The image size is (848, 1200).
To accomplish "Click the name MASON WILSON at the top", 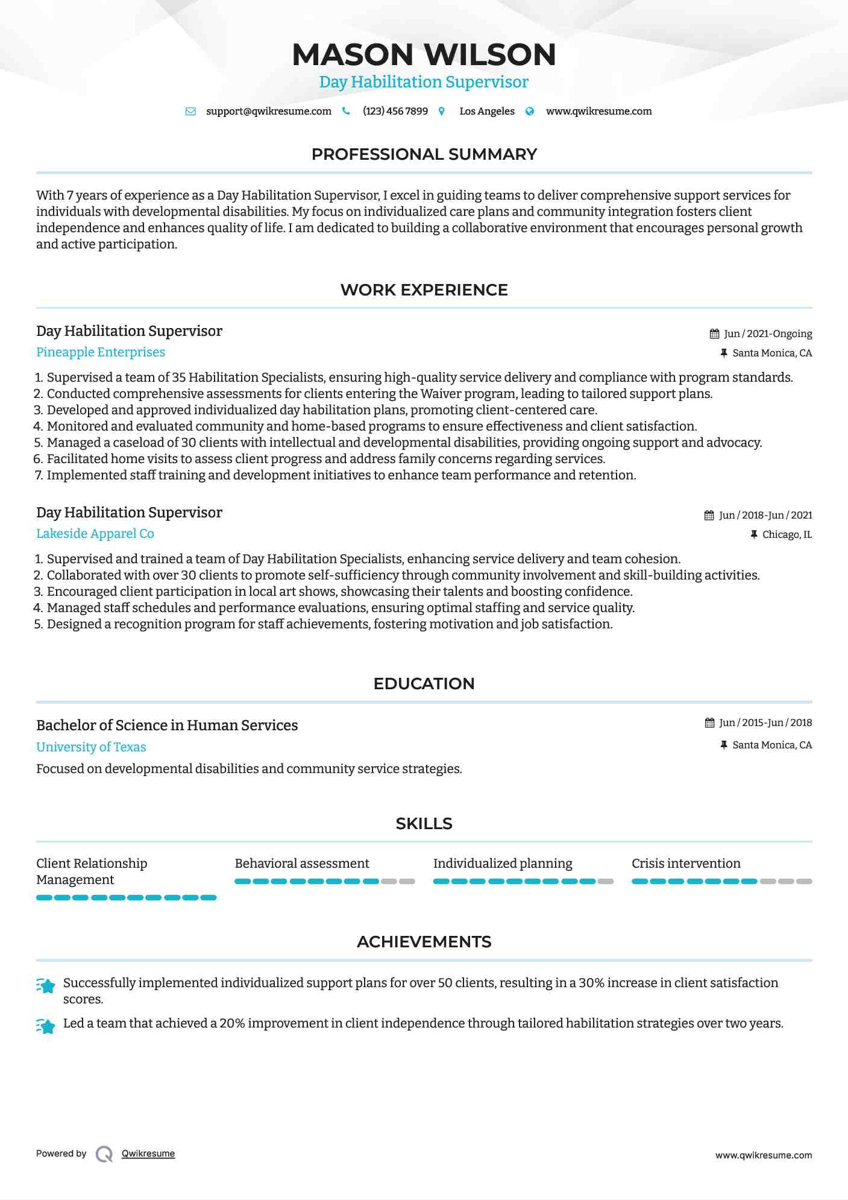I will [424, 54].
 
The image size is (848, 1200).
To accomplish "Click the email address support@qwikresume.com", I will [268, 112].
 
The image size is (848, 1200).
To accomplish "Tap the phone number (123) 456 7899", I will [395, 112].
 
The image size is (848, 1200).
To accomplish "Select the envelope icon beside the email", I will [190, 112].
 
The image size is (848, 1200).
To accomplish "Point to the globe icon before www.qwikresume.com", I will [530, 112].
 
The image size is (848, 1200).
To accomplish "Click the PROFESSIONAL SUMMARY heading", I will [424, 154].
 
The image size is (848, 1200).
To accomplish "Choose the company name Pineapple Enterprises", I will [101, 352].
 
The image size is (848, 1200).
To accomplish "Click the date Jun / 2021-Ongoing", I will [767, 334].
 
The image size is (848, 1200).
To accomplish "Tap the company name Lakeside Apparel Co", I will [95, 534].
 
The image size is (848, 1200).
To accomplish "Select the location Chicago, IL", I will [787, 535].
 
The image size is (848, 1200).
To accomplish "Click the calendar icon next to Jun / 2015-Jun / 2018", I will [709, 723].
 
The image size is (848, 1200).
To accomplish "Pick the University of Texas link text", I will [91, 747].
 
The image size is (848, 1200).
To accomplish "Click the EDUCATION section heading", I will [424, 684].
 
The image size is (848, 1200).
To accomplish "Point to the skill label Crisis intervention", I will [686, 864].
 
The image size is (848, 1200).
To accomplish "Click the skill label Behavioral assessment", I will [301, 864].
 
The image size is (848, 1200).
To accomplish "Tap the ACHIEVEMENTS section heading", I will [424, 942].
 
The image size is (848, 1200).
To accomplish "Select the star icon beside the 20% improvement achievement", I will [46, 1026].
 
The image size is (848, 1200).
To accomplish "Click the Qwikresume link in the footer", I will [148, 1154].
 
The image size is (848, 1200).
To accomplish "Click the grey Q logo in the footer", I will [104, 1154].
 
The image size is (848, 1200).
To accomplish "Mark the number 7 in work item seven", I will [38, 476].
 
